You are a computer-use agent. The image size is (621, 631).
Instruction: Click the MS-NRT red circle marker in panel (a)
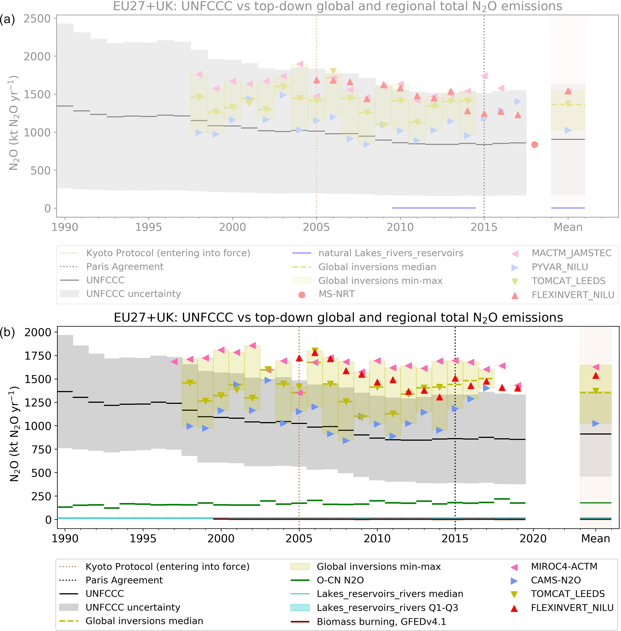(534, 145)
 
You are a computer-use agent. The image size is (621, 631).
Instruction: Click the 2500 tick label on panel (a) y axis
(37, 19)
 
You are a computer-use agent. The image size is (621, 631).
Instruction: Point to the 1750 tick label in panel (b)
(38, 356)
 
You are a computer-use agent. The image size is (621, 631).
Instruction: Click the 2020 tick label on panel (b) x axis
(533, 538)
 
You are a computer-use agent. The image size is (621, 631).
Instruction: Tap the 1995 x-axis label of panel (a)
(148, 227)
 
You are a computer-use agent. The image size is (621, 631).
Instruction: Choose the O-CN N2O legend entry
(340, 580)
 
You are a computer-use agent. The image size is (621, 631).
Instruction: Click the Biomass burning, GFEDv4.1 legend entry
(381, 622)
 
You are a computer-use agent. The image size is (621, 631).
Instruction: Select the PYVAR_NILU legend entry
(559, 267)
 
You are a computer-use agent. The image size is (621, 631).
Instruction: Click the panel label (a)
(8, 19)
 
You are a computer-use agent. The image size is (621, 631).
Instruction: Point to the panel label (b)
(8, 332)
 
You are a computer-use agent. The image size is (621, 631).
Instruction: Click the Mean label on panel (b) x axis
(595, 538)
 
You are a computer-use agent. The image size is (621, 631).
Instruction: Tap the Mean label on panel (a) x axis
(568, 227)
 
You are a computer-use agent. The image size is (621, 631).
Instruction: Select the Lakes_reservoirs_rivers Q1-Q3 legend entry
(387, 608)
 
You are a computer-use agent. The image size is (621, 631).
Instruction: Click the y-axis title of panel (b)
(14, 434)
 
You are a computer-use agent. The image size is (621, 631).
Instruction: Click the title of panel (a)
(338, 6)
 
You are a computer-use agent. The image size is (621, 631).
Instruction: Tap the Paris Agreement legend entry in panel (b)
(124, 580)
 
